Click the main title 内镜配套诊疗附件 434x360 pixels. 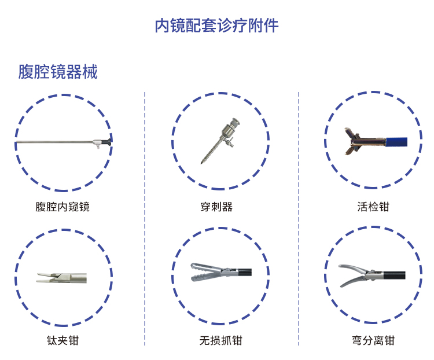216,25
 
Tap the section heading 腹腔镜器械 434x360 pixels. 58,72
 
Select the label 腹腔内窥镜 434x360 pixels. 62,207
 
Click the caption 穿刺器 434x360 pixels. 216,207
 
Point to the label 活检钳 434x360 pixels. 373,207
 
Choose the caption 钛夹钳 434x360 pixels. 62,341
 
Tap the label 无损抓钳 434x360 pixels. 220,341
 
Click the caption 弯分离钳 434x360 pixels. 373,341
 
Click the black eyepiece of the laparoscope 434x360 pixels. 107,142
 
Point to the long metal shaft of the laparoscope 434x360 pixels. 54,142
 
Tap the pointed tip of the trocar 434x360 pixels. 202,163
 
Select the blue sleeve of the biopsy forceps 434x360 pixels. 396,141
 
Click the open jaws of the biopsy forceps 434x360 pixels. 352,141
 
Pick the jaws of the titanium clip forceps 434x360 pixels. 46,278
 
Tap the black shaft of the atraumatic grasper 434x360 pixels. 245,273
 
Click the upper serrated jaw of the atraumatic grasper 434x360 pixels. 204,267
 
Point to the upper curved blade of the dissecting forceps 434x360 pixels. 352,269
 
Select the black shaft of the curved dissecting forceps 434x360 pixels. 394,275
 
